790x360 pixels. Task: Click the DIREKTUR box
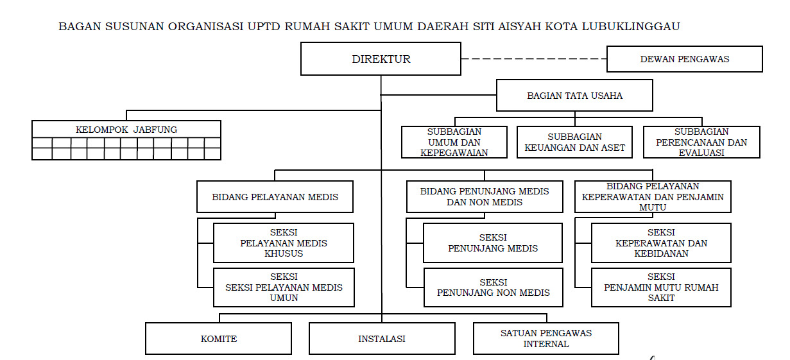(x=381, y=59)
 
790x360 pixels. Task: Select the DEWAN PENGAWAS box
(x=684, y=59)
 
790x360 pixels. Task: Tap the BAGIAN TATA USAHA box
(x=574, y=96)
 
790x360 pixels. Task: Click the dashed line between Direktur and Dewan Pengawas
(x=533, y=59)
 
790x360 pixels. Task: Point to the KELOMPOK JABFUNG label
(x=126, y=129)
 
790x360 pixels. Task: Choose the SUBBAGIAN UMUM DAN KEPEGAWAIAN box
(x=454, y=142)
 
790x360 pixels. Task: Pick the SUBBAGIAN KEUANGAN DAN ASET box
(x=574, y=142)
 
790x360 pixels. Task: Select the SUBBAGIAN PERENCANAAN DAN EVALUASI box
(x=701, y=142)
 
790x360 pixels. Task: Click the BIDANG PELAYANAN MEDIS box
(x=275, y=197)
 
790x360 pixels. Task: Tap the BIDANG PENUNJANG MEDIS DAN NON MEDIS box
(x=485, y=197)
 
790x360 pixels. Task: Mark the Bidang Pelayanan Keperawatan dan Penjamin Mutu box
(x=653, y=197)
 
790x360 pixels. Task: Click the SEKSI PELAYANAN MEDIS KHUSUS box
(x=283, y=243)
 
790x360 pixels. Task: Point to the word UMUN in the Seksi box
(x=283, y=298)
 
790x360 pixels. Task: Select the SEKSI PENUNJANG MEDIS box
(x=493, y=243)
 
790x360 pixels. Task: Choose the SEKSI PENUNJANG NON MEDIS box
(x=493, y=287)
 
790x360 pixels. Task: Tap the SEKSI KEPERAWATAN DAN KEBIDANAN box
(x=661, y=243)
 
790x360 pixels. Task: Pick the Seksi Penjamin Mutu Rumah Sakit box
(x=661, y=287)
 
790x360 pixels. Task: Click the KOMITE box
(x=218, y=339)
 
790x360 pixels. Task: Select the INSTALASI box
(x=382, y=339)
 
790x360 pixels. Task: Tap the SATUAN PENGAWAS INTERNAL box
(x=546, y=339)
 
